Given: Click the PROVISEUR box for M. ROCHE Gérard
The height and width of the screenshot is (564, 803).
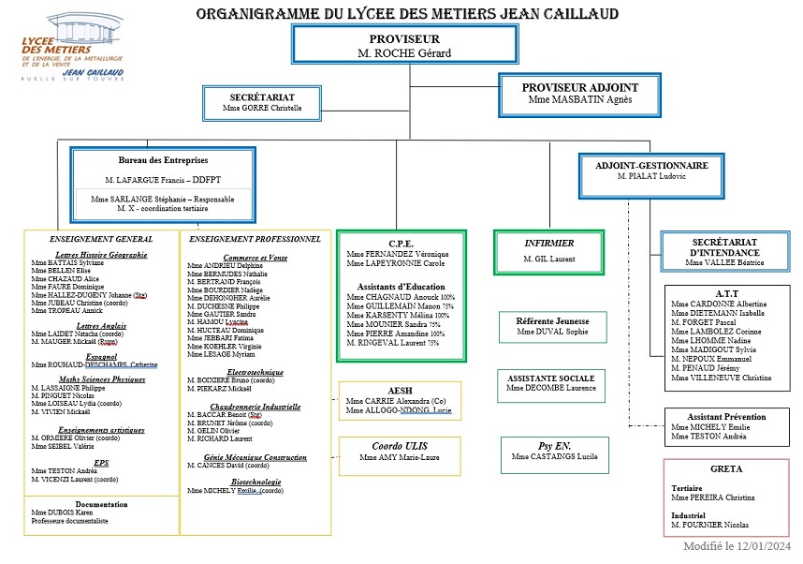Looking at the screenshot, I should click(x=403, y=46).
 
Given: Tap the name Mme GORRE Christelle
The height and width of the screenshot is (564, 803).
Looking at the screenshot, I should click(x=262, y=108).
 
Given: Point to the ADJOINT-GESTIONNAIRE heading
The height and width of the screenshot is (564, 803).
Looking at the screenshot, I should click(x=651, y=165).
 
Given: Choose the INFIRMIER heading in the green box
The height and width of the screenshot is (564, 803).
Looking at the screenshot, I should click(x=548, y=243).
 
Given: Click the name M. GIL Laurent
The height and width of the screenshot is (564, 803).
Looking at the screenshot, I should click(x=548, y=259).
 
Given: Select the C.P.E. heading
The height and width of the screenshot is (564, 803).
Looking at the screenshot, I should click(x=400, y=242).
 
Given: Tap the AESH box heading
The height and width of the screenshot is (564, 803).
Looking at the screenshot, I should click(x=400, y=390).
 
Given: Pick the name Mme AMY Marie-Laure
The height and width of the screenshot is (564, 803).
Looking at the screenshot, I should click(x=400, y=458).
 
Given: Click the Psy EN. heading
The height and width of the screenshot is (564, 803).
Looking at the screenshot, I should click(x=554, y=445).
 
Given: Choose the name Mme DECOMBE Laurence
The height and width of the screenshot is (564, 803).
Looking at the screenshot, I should click(x=550, y=388).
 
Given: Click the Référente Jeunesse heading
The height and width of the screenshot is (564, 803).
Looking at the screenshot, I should click(x=551, y=319).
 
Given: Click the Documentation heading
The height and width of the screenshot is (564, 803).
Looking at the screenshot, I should click(x=100, y=503).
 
